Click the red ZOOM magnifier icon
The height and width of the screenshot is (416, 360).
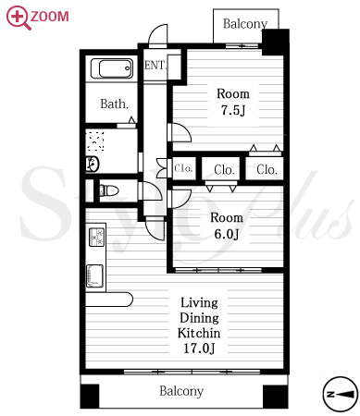[x=19, y=18]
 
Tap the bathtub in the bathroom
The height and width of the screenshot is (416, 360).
[x=112, y=68]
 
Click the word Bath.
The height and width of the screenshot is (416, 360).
[x=114, y=104]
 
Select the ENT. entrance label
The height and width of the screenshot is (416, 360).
[x=155, y=65]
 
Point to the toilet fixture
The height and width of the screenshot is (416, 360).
[x=109, y=190]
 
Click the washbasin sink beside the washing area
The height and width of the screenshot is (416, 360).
[x=93, y=164]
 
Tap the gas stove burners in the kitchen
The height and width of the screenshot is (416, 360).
[x=97, y=237]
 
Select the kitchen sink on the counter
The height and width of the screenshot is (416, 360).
[x=94, y=275]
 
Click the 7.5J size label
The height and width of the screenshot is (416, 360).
[x=233, y=110]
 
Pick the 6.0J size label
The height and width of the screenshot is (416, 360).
[x=227, y=234]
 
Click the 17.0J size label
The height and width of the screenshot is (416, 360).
[x=199, y=349]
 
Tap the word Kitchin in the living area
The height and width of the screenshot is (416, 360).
[x=199, y=333]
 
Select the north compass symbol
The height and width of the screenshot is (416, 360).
[x=341, y=394]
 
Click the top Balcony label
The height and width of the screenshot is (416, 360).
[x=245, y=24]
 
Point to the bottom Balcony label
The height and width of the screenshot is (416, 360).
[x=181, y=391]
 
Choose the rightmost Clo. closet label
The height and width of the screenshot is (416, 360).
[x=267, y=169]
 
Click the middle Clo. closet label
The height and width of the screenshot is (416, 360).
[x=224, y=170]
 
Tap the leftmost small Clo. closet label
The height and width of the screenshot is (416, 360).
[x=183, y=168]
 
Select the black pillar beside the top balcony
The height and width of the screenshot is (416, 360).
[x=276, y=43]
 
